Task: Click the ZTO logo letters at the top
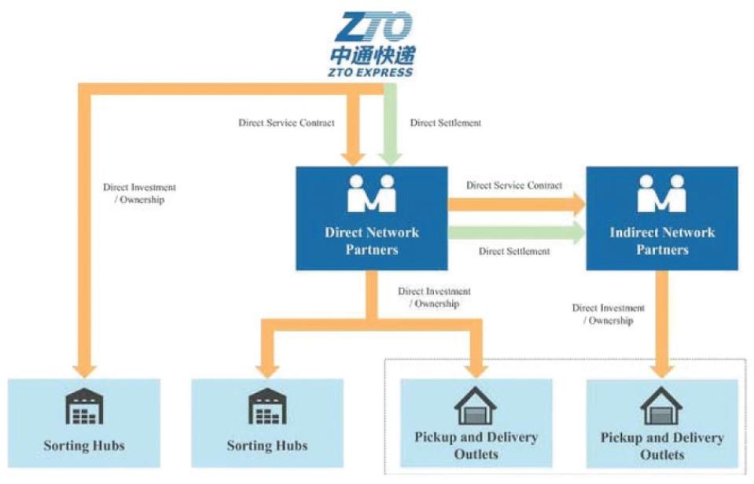tap(373, 27)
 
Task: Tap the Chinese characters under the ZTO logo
tap(373, 56)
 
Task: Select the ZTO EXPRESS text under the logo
tap(373, 72)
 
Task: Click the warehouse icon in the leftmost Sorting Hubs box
tap(84, 405)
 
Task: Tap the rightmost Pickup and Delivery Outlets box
tap(662, 424)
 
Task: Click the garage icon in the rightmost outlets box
tap(662, 405)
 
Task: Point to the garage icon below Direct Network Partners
tap(476, 405)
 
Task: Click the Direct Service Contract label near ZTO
tap(286, 123)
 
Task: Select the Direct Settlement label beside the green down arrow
tap(446, 123)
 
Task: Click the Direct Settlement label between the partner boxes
tap(514, 251)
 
